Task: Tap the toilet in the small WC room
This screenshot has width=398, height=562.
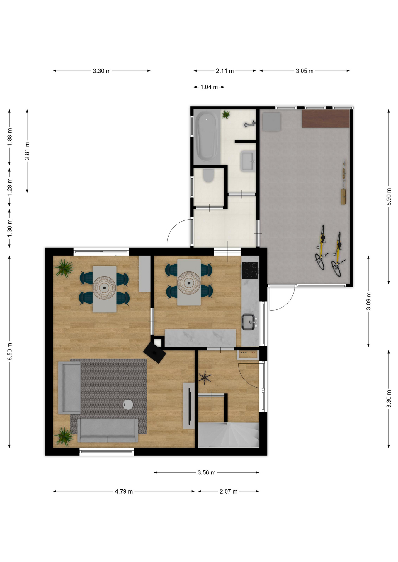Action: pyautogui.click(x=208, y=176)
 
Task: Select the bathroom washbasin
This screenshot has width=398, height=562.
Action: pyautogui.click(x=248, y=161)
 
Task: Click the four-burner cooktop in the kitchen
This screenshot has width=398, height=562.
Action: pyautogui.click(x=250, y=270)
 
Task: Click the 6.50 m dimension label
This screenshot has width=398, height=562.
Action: pyautogui.click(x=10, y=351)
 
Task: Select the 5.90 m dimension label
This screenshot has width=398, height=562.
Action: pyautogui.click(x=389, y=196)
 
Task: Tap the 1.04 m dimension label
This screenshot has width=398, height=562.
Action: pyautogui.click(x=209, y=87)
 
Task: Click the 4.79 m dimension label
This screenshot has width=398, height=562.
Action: pyautogui.click(x=124, y=491)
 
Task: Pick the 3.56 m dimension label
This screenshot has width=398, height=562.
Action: pyautogui.click(x=207, y=472)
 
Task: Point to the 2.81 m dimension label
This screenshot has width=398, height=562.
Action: pyautogui.click(x=27, y=151)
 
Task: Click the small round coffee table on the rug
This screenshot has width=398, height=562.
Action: pyautogui.click(x=128, y=405)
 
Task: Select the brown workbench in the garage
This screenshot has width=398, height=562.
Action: pyautogui.click(x=326, y=119)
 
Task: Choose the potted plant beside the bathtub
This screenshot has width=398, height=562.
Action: pyautogui.click(x=226, y=114)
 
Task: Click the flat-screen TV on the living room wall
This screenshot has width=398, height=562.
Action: pyautogui.click(x=189, y=406)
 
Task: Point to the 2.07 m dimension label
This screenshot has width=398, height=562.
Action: pyautogui.click(x=229, y=491)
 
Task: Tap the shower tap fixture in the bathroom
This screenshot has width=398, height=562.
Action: pyautogui.click(x=249, y=124)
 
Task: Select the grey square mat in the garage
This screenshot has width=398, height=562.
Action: pyautogui.click(x=271, y=121)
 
